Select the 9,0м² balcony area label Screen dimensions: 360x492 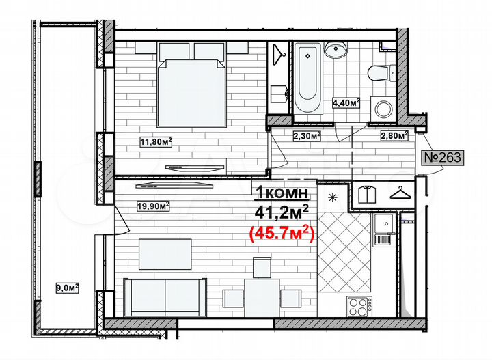[67, 288]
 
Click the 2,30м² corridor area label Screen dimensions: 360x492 [307, 136]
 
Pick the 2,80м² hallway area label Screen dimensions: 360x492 [394, 135]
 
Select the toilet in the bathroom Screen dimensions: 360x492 [378, 73]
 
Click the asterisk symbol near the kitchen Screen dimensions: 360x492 [333, 198]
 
